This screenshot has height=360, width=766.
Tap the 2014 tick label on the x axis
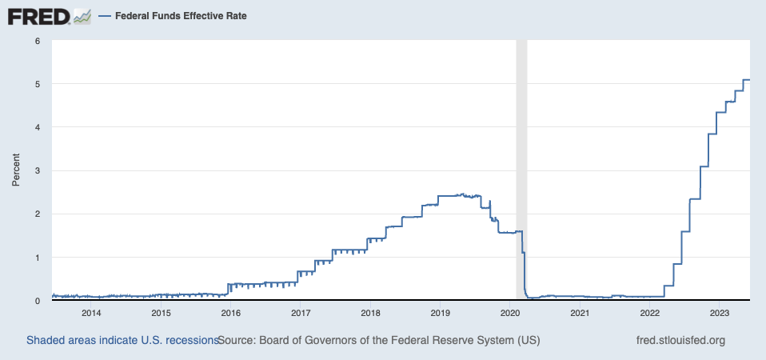[91, 313]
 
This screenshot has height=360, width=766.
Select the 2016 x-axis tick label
[231, 313]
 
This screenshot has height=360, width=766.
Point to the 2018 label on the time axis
[370, 313]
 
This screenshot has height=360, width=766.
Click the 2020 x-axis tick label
[510, 313]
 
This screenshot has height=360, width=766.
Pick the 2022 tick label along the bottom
[649, 313]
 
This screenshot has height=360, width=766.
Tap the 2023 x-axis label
[719, 313]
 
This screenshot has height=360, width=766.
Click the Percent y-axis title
[15, 170]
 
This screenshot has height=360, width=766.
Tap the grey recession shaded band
[521, 160]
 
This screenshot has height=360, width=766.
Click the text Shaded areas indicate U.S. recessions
[122, 340]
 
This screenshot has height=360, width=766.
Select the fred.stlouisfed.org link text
[679, 340]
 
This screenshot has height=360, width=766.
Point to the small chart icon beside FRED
[82, 15]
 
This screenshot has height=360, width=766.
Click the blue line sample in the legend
[104, 15]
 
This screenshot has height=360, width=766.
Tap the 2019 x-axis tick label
[441, 313]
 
